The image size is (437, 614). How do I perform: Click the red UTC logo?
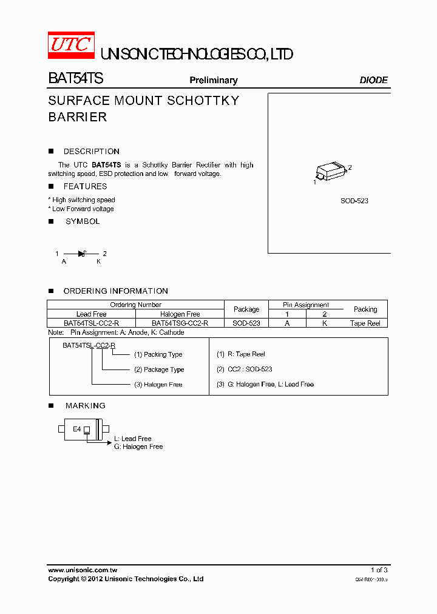click(x=71, y=45)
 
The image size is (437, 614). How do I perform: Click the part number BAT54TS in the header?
click(x=76, y=79)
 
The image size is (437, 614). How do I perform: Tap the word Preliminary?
click(x=214, y=80)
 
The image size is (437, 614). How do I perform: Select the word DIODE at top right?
click(x=373, y=80)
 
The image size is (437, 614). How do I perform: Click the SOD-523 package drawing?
click(x=331, y=170)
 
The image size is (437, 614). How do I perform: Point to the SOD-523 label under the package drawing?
click(x=354, y=201)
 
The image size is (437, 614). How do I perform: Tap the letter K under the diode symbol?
click(x=99, y=261)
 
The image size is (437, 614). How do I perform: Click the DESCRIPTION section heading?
click(x=91, y=152)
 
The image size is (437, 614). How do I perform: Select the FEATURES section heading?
click(x=85, y=187)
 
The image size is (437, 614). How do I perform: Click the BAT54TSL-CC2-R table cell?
click(x=91, y=323)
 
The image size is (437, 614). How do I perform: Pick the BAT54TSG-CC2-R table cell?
click(x=180, y=323)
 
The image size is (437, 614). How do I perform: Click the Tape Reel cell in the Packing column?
click(x=365, y=323)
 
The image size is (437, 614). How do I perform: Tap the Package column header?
click(x=246, y=309)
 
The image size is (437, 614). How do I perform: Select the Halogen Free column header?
click(x=180, y=314)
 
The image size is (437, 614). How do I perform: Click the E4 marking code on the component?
click(x=77, y=429)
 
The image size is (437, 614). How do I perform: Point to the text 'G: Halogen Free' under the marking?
click(x=138, y=447)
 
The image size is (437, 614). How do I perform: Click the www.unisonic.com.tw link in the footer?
click(x=83, y=570)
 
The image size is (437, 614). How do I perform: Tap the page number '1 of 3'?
click(x=379, y=570)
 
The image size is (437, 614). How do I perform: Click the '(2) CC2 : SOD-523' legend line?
click(x=245, y=369)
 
